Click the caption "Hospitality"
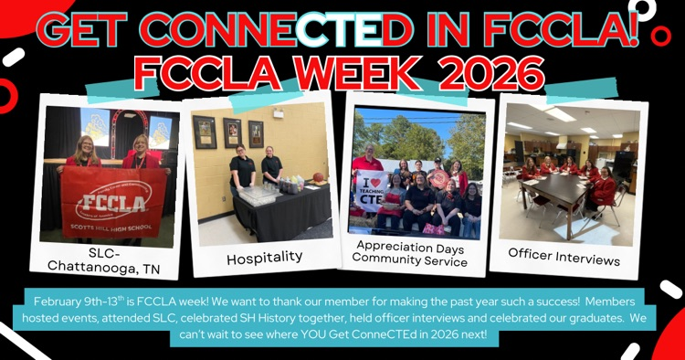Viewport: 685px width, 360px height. point(265,258)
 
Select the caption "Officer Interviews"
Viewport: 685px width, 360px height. point(564,257)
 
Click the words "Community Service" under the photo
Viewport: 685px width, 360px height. point(410,259)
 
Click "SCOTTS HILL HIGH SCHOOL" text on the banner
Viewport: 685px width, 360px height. point(111,228)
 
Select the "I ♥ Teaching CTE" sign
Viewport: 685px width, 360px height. point(371,191)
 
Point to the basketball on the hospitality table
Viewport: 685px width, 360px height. point(319,177)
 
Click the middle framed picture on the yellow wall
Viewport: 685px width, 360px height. point(232,132)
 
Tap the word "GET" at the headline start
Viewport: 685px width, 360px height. point(80,30)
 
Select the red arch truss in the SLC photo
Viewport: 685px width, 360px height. point(130,126)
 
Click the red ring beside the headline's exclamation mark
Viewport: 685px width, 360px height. point(660,37)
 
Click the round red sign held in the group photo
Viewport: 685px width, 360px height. point(439,178)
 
